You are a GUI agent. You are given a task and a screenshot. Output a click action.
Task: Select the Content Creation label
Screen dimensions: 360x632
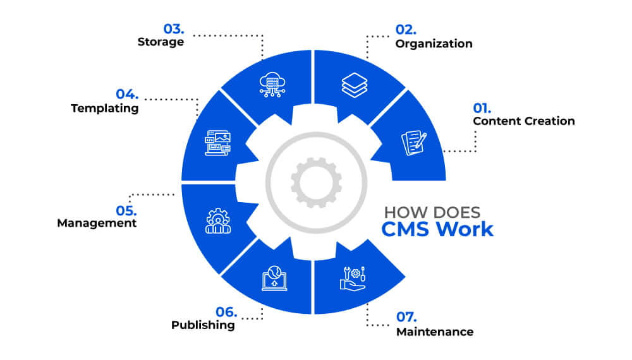(x=524, y=121)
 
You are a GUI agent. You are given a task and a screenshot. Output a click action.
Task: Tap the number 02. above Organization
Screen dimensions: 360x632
(x=406, y=29)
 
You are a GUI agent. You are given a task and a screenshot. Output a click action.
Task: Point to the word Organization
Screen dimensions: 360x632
(x=434, y=44)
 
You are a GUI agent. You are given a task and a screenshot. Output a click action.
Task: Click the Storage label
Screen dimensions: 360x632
(x=161, y=42)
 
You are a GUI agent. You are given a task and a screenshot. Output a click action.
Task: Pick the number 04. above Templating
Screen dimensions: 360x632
(x=127, y=94)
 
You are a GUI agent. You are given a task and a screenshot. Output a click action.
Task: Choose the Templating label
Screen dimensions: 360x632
(x=104, y=108)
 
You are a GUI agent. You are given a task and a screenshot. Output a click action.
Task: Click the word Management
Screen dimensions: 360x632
(x=97, y=223)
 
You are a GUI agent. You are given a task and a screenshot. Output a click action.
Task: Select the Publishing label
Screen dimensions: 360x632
(x=203, y=325)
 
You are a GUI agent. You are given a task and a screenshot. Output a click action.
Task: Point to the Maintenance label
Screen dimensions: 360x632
(x=435, y=332)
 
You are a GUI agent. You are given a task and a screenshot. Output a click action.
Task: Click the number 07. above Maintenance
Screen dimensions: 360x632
(x=407, y=317)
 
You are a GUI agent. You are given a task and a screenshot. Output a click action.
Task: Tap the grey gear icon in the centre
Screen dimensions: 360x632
(x=316, y=183)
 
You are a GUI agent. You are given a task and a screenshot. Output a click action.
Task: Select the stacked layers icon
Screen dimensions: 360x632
(x=354, y=85)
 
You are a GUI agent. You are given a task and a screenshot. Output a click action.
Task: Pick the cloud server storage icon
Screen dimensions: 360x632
(x=272, y=84)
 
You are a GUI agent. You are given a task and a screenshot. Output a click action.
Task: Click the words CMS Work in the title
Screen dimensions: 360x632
(x=437, y=228)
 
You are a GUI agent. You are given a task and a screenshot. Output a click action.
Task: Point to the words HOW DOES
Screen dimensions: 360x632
(x=432, y=212)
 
